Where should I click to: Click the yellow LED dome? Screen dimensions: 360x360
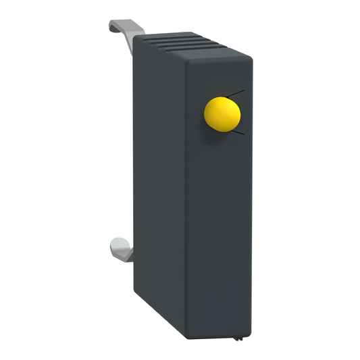(223, 114)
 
